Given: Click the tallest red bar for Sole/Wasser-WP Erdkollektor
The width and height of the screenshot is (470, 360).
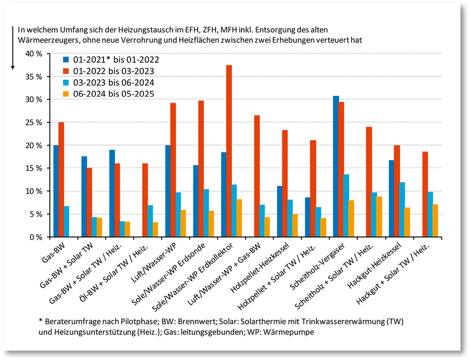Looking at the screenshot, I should click(229, 151).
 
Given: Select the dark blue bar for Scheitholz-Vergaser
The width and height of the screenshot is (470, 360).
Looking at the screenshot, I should click(336, 167).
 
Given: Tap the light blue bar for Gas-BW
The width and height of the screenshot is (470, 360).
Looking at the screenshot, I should click(66, 221).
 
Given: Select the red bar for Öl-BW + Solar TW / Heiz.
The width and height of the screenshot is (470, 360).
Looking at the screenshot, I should click(145, 200).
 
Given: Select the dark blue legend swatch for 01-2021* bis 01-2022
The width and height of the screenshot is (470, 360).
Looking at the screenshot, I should click(66, 60).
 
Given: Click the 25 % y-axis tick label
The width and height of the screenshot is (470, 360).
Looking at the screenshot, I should click(33, 122).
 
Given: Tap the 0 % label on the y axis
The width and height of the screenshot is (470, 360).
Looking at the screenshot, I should click(35, 237).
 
